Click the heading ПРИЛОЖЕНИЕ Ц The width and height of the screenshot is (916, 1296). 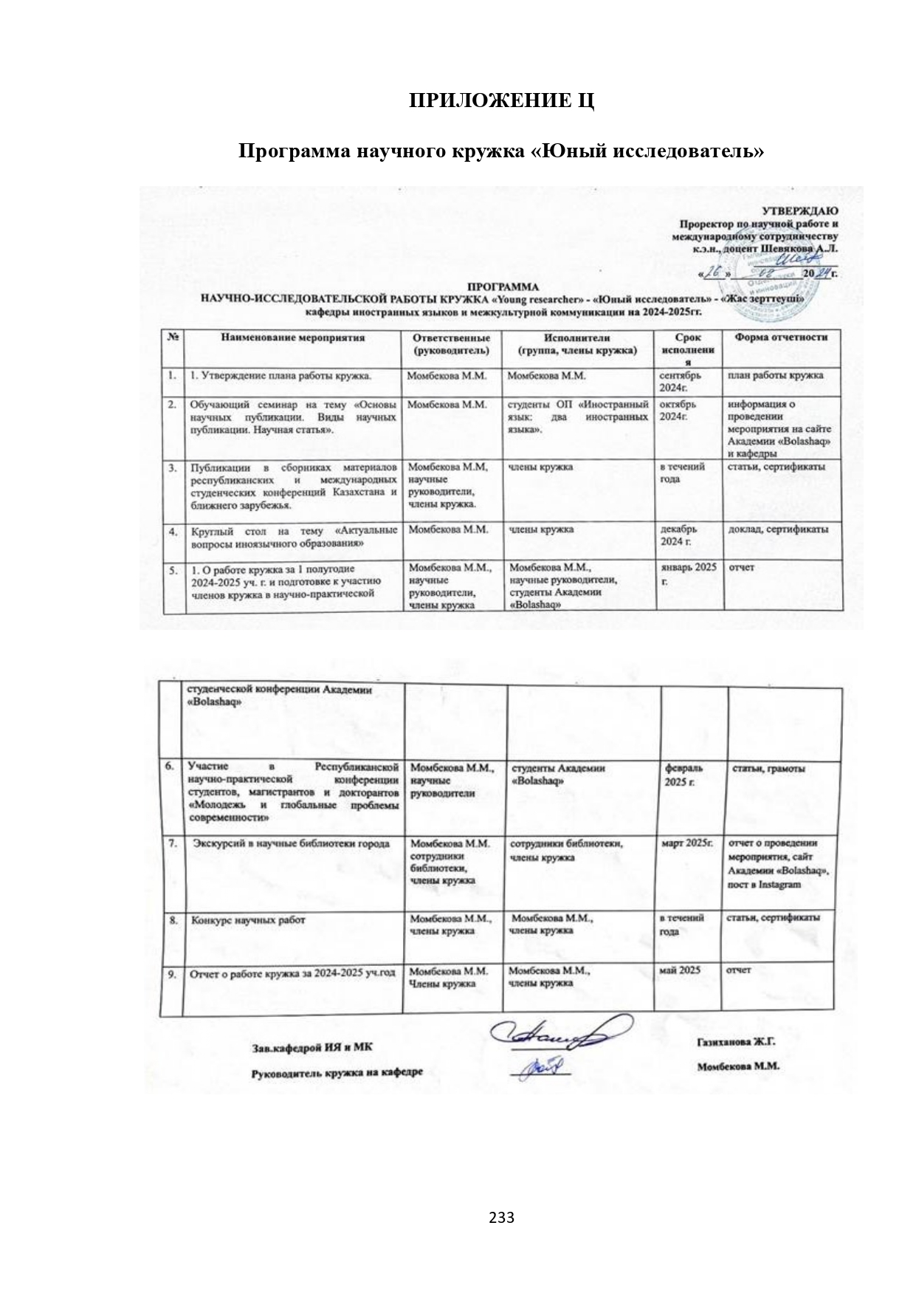[502, 100]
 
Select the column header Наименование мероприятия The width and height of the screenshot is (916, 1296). [292, 338]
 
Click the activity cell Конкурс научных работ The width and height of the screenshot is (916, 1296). [248, 920]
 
